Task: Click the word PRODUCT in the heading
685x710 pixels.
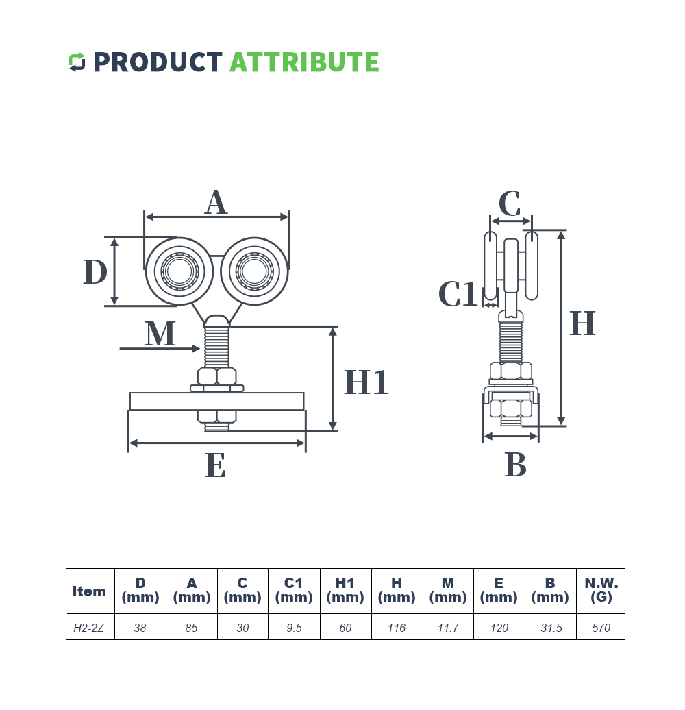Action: (158, 62)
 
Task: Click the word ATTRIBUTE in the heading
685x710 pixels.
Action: (303, 62)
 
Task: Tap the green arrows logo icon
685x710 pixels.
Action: (77, 62)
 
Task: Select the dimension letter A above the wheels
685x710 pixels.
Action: (216, 203)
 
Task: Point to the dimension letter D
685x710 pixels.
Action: (95, 272)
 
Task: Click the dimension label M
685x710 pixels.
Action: (160, 334)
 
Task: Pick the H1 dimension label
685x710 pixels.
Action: (366, 382)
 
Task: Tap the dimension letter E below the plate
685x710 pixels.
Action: (215, 467)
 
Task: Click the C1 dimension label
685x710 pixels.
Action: (457, 295)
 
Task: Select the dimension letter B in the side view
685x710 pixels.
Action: (515, 465)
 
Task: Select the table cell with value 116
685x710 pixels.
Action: (397, 628)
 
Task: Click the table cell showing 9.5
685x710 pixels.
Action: (294, 628)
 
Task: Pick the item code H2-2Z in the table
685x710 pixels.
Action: (89, 628)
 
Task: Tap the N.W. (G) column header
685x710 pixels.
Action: (601, 590)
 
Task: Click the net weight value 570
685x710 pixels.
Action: (601, 628)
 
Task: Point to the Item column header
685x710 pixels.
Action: (89, 591)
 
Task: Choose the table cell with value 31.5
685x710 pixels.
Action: (550, 628)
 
